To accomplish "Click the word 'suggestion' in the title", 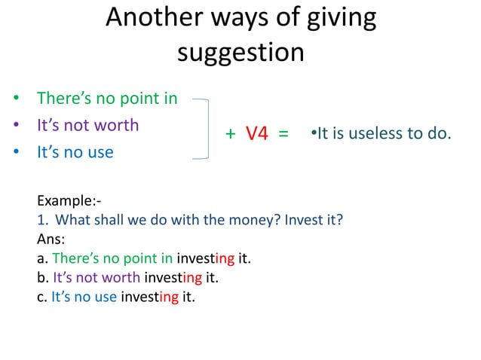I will point(240,53).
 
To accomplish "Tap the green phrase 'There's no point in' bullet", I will point(107,98).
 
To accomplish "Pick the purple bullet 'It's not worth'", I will point(87,125).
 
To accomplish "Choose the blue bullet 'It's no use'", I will point(75,152).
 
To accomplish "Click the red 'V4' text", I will point(257,134).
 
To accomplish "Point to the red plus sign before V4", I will point(231,135).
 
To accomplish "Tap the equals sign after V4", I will point(283,135).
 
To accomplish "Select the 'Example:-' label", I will point(69,201).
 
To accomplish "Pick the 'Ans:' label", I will point(51,239).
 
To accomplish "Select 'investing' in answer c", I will point(149,296).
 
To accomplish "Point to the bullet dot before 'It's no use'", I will point(16,152).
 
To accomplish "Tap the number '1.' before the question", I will point(43,221).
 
